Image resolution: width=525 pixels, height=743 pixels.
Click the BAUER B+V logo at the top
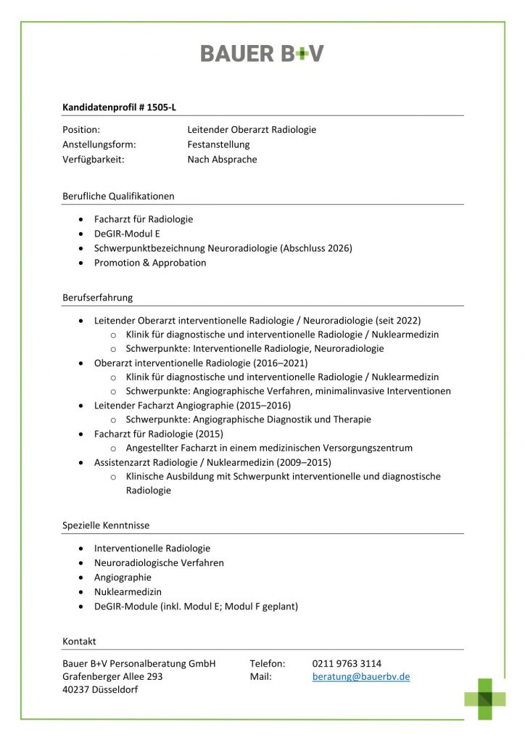point(262,53)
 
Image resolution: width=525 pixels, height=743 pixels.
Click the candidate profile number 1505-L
point(161,107)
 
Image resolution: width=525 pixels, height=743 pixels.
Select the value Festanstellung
point(218,144)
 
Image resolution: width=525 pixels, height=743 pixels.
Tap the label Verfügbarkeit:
point(94,159)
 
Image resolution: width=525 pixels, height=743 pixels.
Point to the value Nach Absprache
point(222,159)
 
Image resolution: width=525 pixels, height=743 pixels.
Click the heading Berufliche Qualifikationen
point(118,196)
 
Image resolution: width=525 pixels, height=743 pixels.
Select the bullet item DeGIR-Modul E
point(127,234)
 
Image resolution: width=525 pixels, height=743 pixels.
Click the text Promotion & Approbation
point(150,263)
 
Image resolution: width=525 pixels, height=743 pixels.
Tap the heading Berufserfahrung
point(97,297)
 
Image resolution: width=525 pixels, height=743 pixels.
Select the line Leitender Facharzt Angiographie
point(160,405)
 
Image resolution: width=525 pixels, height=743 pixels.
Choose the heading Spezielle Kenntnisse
point(106,525)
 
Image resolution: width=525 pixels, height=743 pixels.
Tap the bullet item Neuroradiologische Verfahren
point(159,563)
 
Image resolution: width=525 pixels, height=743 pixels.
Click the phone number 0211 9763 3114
point(347,663)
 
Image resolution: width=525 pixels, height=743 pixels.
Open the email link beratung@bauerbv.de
point(361,676)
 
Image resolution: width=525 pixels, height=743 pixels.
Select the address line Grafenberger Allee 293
point(112,676)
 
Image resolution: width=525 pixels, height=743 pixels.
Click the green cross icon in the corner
point(485,698)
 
